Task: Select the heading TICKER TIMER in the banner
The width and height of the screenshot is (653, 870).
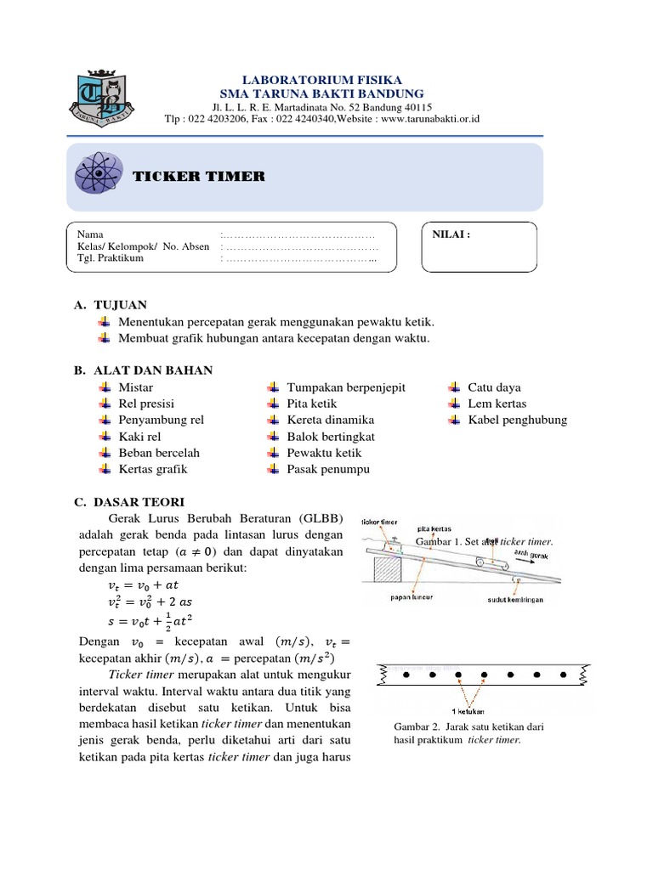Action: coord(198,177)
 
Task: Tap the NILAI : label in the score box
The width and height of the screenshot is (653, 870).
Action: coord(451,234)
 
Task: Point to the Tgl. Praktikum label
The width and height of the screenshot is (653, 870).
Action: coord(110,258)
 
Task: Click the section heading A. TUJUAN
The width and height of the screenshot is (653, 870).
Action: coord(111,304)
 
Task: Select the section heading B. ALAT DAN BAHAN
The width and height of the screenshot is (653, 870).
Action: coord(144,370)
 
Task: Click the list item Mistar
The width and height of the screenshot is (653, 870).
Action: coord(136,387)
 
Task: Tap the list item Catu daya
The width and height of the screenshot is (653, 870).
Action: coord(494,387)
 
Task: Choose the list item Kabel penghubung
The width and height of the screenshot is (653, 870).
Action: coord(517,420)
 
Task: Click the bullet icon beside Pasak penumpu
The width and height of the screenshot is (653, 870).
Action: coord(273,469)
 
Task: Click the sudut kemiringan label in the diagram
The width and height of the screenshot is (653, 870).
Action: coord(515,599)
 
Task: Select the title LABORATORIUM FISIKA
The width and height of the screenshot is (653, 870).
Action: coord(322,79)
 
